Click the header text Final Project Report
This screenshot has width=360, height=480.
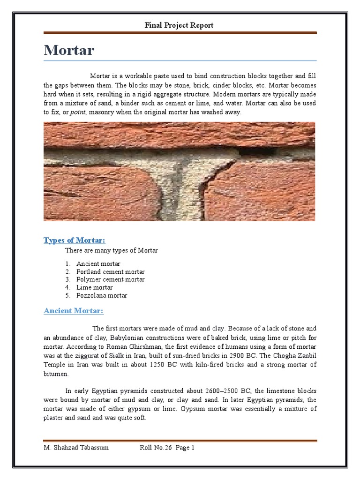click(179, 25)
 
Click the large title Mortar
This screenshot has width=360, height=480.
click(69, 50)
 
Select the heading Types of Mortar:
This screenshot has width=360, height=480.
click(75, 240)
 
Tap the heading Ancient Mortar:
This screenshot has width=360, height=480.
click(73, 311)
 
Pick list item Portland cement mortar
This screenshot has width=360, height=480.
click(111, 272)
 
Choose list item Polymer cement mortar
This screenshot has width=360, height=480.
click(111, 280)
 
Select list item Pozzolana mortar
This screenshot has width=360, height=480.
click(102, 295)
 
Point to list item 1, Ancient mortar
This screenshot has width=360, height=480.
click(98, 264)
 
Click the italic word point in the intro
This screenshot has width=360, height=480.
click(77, 112)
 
